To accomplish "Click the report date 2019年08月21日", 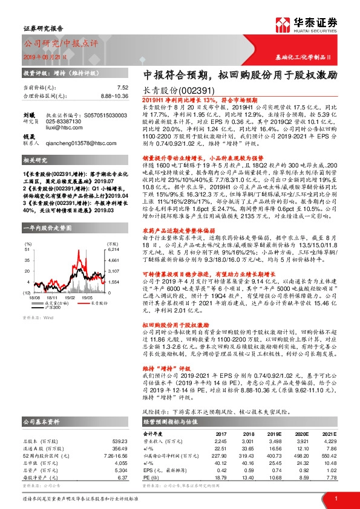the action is (48, 56).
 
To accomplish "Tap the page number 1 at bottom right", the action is (336, 499).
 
